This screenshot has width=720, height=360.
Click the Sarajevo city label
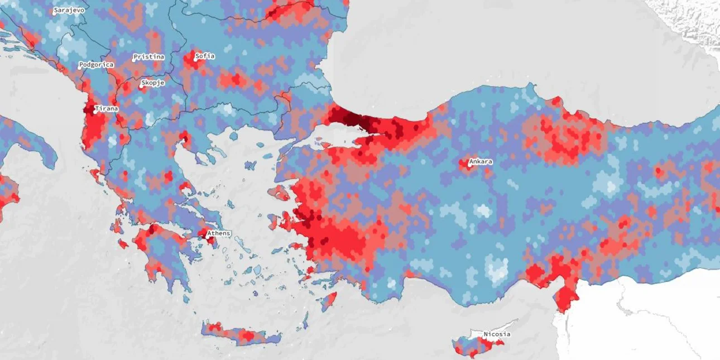(69, 10)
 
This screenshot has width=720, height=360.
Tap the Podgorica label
(96, 65)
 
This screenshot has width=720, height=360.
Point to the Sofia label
(205, 56)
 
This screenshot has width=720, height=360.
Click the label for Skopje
(153, 83)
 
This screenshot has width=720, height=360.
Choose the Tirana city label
(107, 108)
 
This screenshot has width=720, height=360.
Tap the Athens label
(219, 233)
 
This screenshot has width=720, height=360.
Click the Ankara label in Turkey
(481, 162)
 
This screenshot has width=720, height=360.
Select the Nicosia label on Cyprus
(497, 334)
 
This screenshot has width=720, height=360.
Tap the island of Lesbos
(280, 193)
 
